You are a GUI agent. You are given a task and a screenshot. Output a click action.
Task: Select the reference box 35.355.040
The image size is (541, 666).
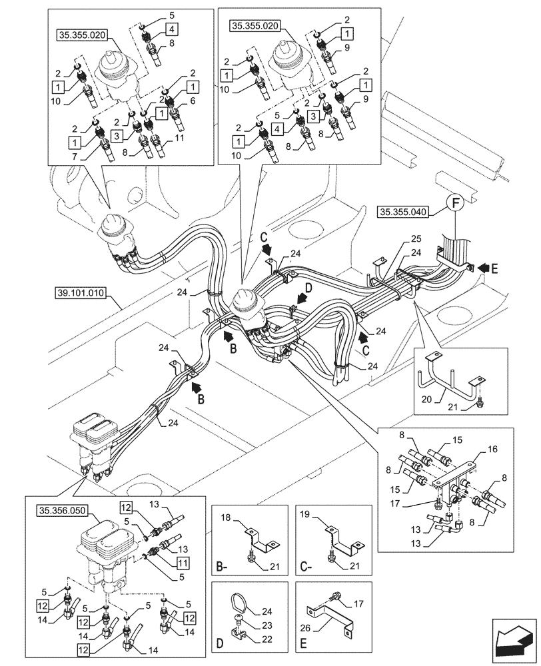(404, 212)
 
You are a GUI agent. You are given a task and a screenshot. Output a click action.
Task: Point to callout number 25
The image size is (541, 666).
(416, 238)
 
